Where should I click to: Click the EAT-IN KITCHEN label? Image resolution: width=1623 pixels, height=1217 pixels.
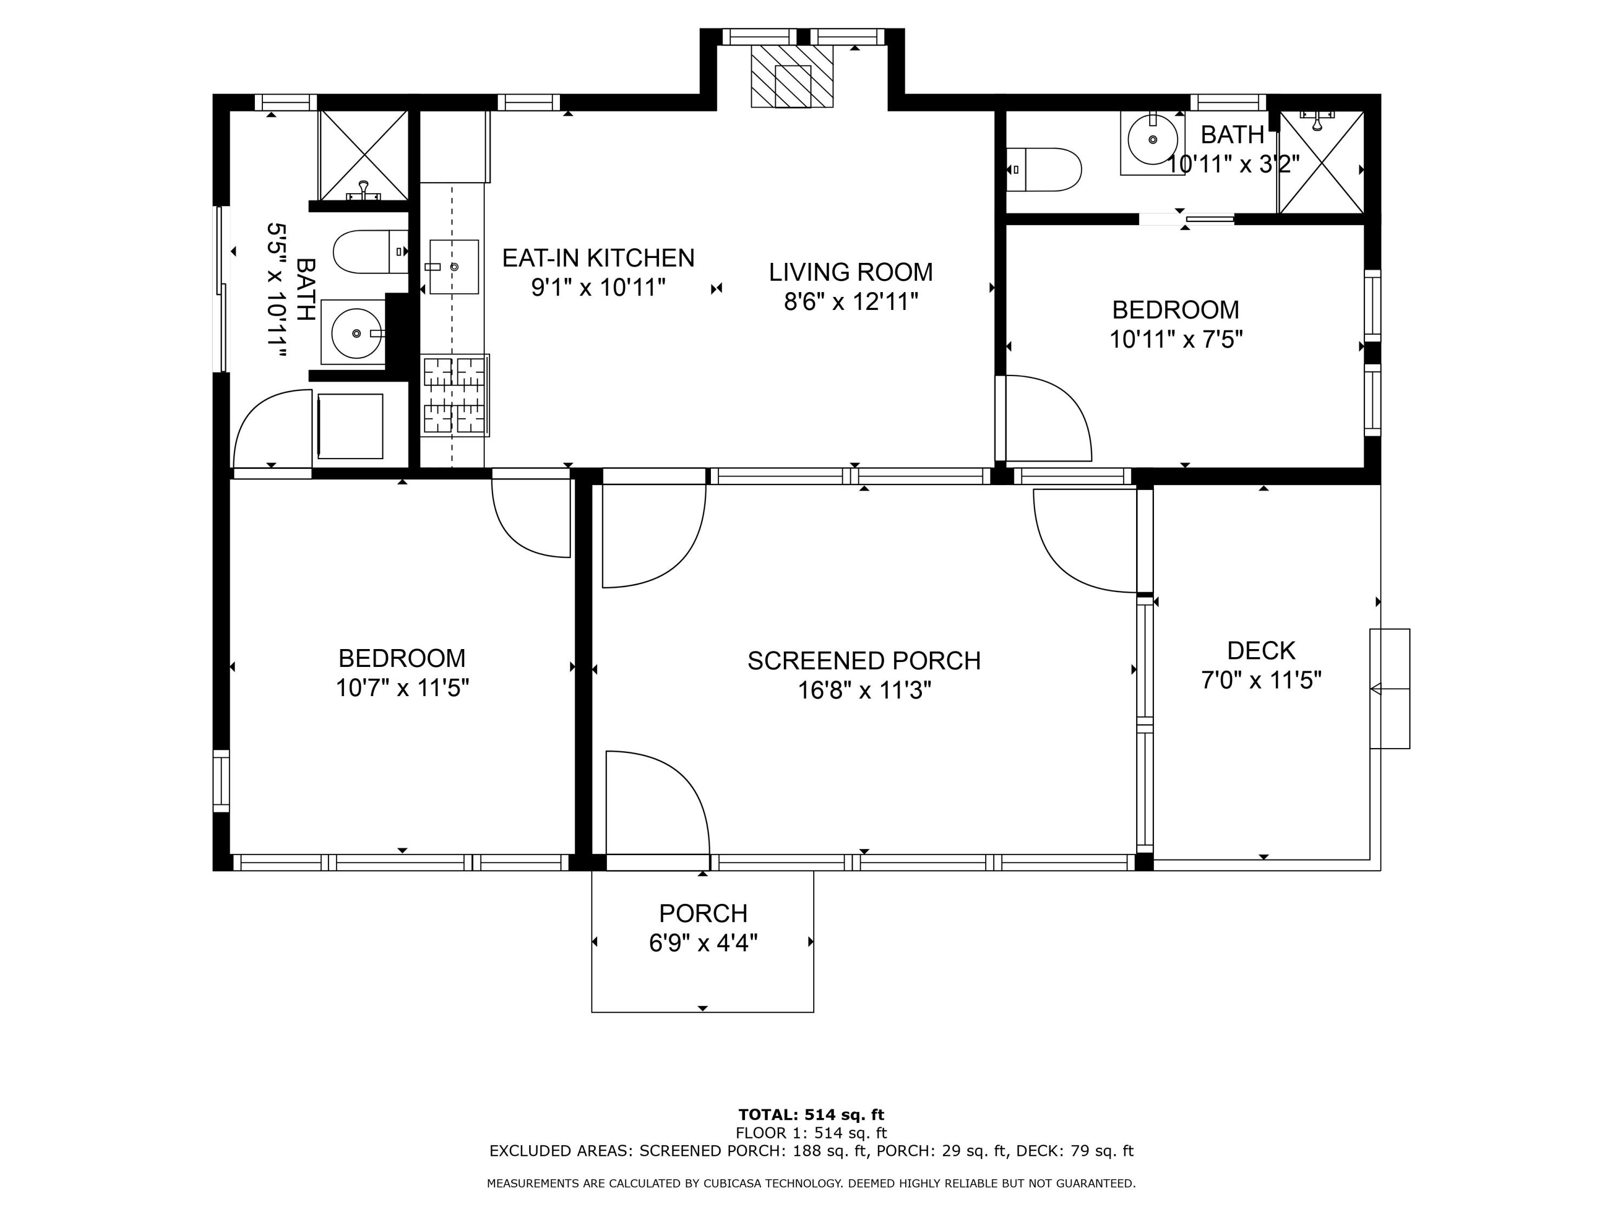[x=598, y=258]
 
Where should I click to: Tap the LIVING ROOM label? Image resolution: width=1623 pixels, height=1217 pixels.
[x=850, y=272]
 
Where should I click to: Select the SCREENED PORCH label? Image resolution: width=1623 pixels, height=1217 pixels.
[x=863, y=661]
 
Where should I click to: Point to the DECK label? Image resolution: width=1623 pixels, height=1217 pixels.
[x=1261, y=651]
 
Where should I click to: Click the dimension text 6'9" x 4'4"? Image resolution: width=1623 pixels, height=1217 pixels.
[x=703, y=943]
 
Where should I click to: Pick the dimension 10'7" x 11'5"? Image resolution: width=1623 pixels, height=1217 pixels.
[x=402, y=688]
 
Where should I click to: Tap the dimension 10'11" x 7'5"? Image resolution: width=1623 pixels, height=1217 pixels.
[x=1176, y=340]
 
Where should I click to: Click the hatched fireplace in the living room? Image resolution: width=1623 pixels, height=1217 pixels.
[x=791, y=76]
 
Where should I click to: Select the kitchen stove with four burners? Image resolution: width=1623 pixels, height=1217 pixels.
[x=455, y=395]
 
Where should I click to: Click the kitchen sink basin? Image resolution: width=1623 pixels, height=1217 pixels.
[x=453, y=266]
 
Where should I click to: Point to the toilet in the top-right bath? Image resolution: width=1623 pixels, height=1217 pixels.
[x=1044, y=169]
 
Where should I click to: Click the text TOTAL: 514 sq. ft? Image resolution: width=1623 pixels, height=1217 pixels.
[x=811, y=1115]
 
